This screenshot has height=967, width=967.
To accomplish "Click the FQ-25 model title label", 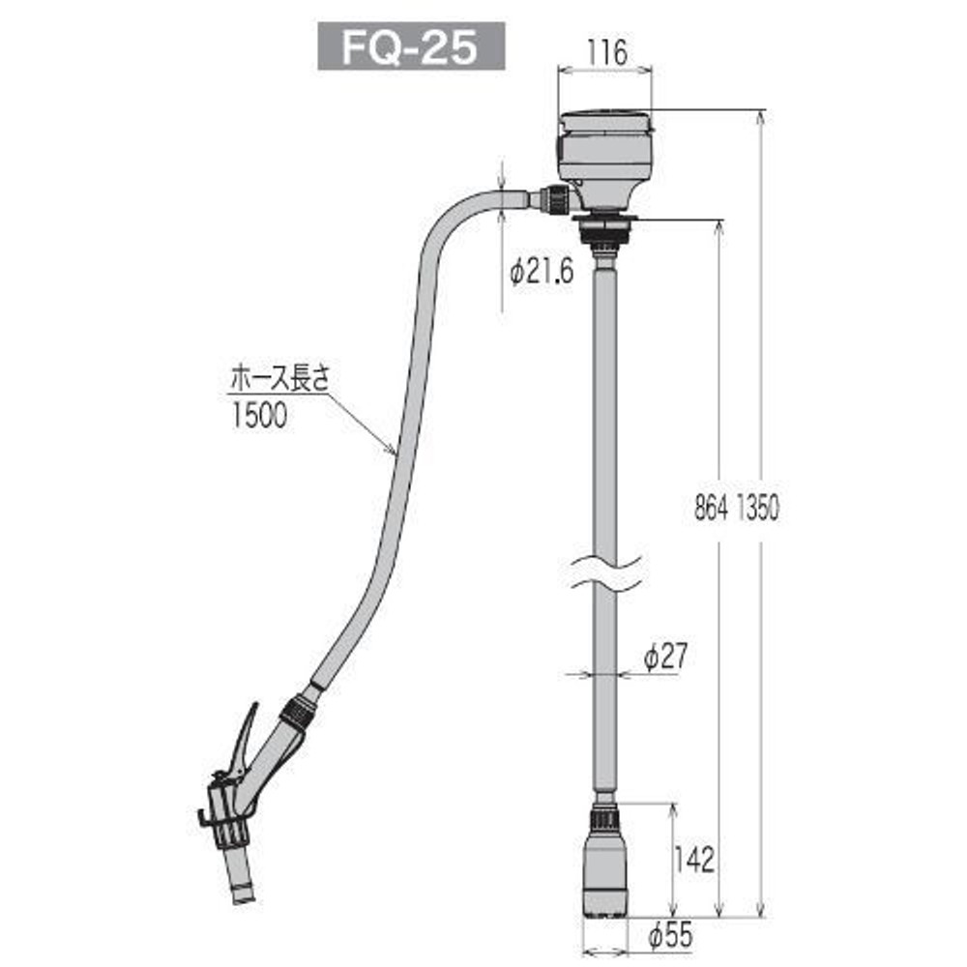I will point(412,47).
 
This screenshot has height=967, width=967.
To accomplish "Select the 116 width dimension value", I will point(605,53).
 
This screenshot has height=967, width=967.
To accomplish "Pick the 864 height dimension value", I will point(711,510).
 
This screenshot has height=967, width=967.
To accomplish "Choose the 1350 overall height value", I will point(757,510).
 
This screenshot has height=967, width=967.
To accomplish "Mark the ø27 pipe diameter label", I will point(664,657).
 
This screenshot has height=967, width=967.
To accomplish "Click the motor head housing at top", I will point(606,155).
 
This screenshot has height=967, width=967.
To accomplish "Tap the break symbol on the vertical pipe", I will point(604,571).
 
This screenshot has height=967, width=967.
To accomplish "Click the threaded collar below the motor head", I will point(604,230).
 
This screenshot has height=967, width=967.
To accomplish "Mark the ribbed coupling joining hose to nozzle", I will point(296,714).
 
